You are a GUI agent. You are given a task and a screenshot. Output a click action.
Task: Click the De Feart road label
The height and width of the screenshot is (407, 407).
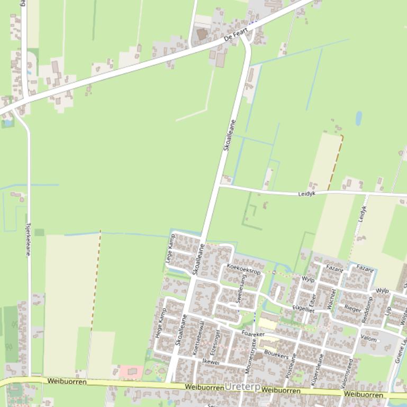click(236, 35)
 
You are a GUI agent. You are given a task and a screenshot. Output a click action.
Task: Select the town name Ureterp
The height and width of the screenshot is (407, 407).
click(242, 387)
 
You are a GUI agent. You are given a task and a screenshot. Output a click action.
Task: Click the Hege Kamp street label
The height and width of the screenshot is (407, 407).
click(159, 323)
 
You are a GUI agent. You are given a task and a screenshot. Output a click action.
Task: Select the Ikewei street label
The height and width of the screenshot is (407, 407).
click(211, 362)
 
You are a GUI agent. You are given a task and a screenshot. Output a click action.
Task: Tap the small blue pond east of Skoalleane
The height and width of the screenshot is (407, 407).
click(358, 118)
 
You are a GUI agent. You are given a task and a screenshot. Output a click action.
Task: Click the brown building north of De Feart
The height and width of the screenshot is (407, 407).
click(202, 34)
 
